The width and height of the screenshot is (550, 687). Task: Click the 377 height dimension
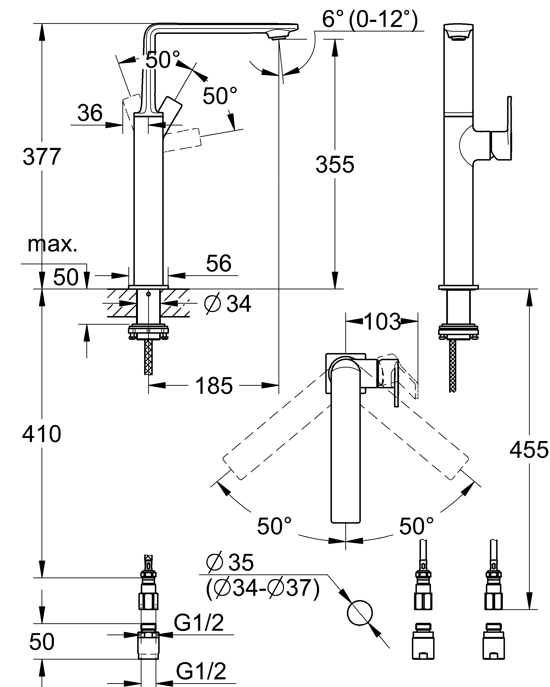(x=42, y=157)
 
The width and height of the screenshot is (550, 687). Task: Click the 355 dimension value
(x=335, y=165)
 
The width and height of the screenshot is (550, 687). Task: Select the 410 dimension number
(x=42, y=434)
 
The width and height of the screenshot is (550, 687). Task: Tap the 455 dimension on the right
(x=529, y=450)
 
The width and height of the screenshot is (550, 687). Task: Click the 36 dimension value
(x=90, y=113)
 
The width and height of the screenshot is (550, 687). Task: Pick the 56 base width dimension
(x=219, y=263)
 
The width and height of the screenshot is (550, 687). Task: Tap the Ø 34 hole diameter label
(x=228, y=304)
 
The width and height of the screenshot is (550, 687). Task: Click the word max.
(x=52, y=245)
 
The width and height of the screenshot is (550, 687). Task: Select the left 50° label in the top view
(x=274, y=526)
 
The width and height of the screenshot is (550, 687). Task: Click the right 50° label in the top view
(x=416, y=526)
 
